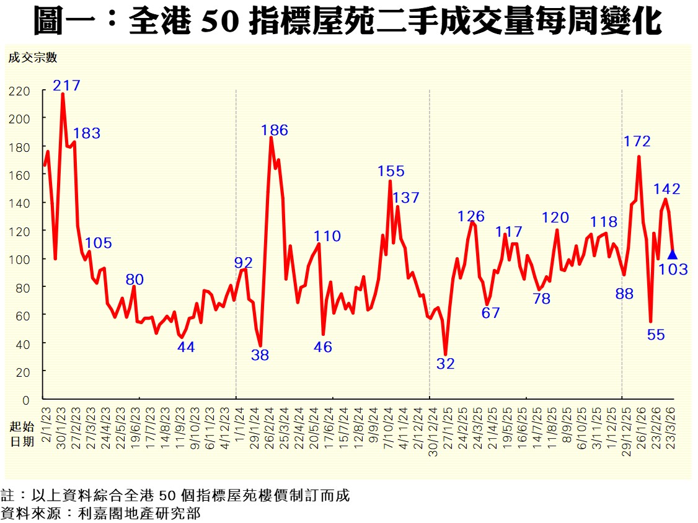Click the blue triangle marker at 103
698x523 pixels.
point(672,255)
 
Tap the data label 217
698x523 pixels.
point(67,86)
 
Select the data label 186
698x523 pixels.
point(275,130)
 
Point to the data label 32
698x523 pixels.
point(445,364)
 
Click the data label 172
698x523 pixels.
point(637,141)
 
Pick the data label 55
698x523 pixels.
point(656,335)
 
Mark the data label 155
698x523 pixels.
point(391,172)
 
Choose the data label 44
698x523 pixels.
point(186,347)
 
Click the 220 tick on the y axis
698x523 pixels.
point(19,91)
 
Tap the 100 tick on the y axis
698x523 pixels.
point(19,259)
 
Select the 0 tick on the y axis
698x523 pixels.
point(26,400)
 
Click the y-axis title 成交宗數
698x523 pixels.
point(32,58)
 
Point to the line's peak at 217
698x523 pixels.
point(63,94)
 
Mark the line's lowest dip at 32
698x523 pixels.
point(445,354)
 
